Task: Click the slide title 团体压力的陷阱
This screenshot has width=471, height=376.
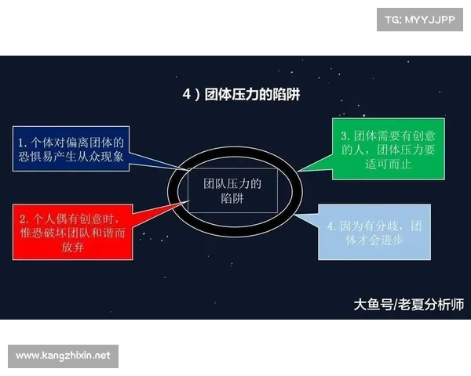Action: click(250, 95)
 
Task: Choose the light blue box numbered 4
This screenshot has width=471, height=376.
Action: click(374, 233)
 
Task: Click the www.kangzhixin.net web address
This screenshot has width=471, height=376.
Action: click(63, 356)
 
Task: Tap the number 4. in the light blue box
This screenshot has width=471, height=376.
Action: click(332, 226)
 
